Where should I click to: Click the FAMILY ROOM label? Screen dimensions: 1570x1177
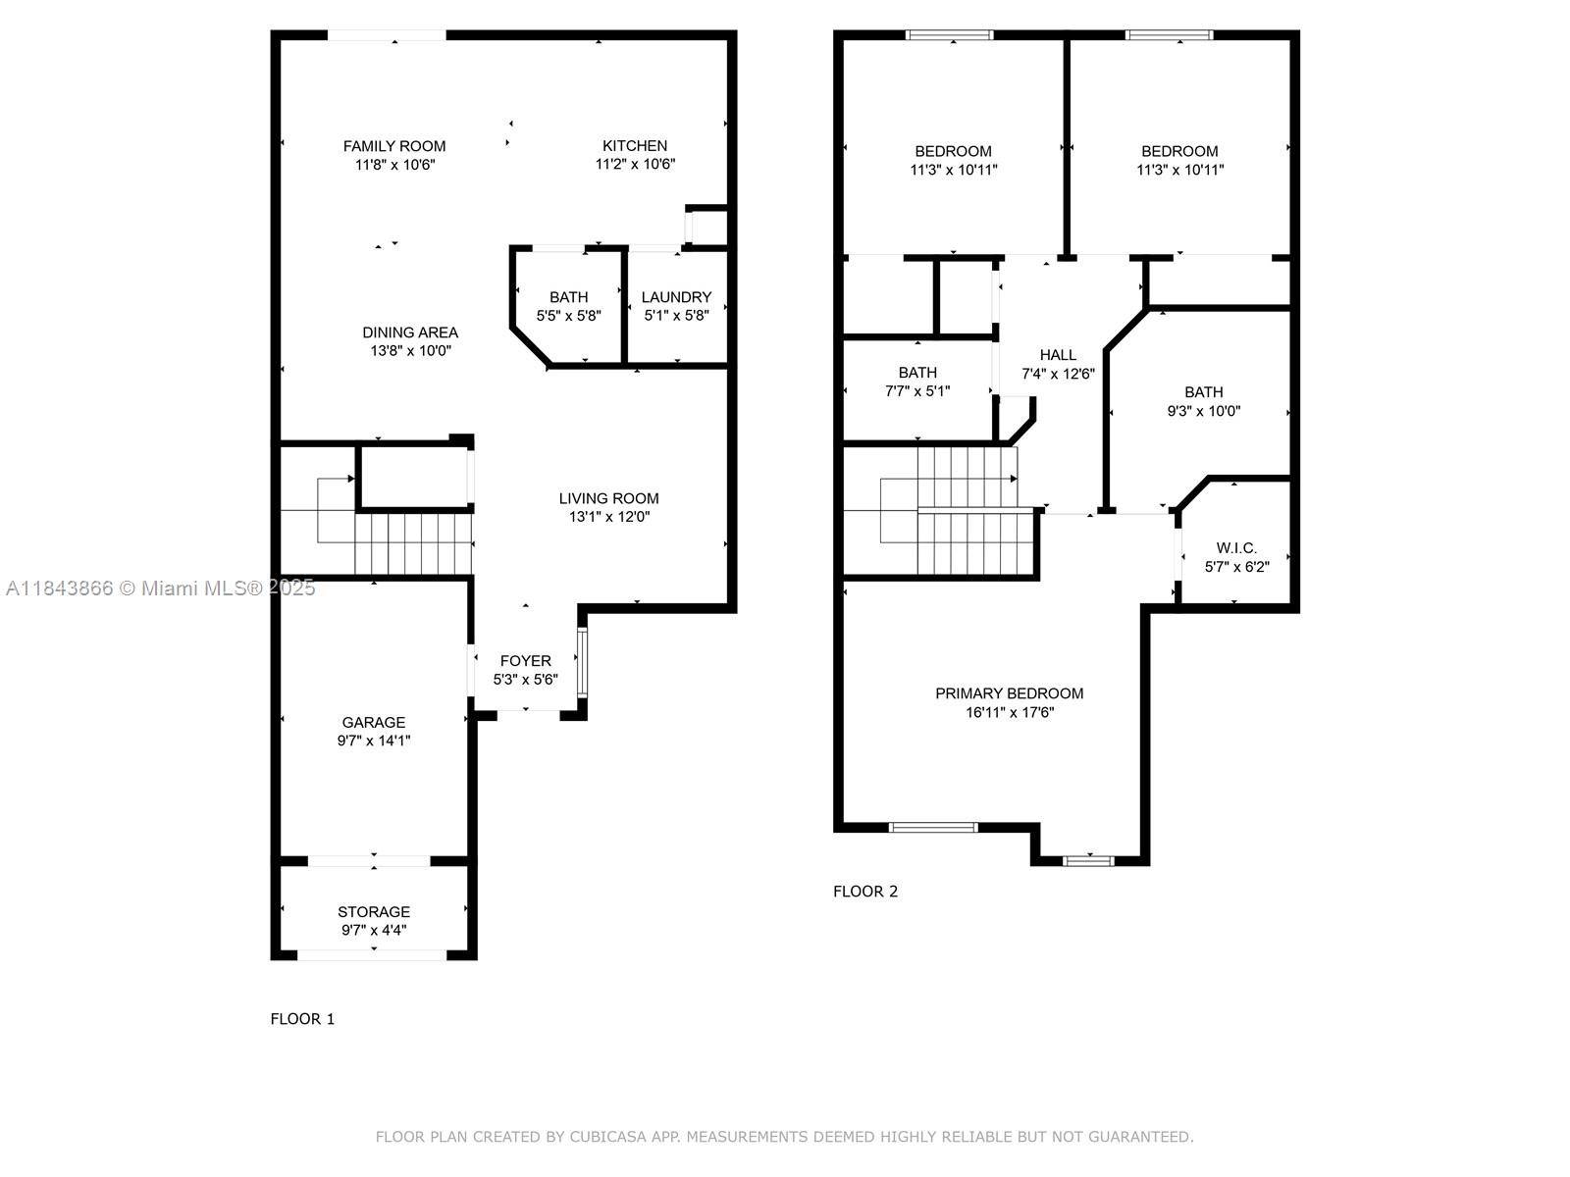coord(394,146)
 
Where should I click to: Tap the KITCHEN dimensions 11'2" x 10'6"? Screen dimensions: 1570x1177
coord(635,164)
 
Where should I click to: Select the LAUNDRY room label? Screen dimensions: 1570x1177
coord(677,296)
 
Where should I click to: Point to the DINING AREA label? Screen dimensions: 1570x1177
coord(410,333)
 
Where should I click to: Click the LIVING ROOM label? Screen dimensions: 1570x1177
coord(608,498)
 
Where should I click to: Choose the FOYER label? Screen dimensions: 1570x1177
coord(526,660)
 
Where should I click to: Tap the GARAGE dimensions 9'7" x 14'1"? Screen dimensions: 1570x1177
coord(374,741)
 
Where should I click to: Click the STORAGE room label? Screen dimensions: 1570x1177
coord(374,912)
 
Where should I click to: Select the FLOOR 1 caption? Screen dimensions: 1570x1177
coord(302,1019)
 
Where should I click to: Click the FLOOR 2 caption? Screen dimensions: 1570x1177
coord(865,892)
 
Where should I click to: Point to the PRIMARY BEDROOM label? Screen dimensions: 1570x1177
coord(1010,693)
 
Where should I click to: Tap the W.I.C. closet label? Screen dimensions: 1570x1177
coord(1236,548)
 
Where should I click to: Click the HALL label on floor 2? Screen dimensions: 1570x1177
coord(1058,354)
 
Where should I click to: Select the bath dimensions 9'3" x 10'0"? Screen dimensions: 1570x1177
coord(1204,411)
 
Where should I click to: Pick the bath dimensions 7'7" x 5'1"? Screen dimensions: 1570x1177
coord(917,391)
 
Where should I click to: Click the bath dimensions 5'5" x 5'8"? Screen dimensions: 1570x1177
coord(568,315)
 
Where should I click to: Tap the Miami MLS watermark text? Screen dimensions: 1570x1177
coord(161,588)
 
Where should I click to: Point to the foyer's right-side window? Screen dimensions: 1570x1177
coord(582,662)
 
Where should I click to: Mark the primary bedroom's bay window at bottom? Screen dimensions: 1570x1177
coord(1088,860)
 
